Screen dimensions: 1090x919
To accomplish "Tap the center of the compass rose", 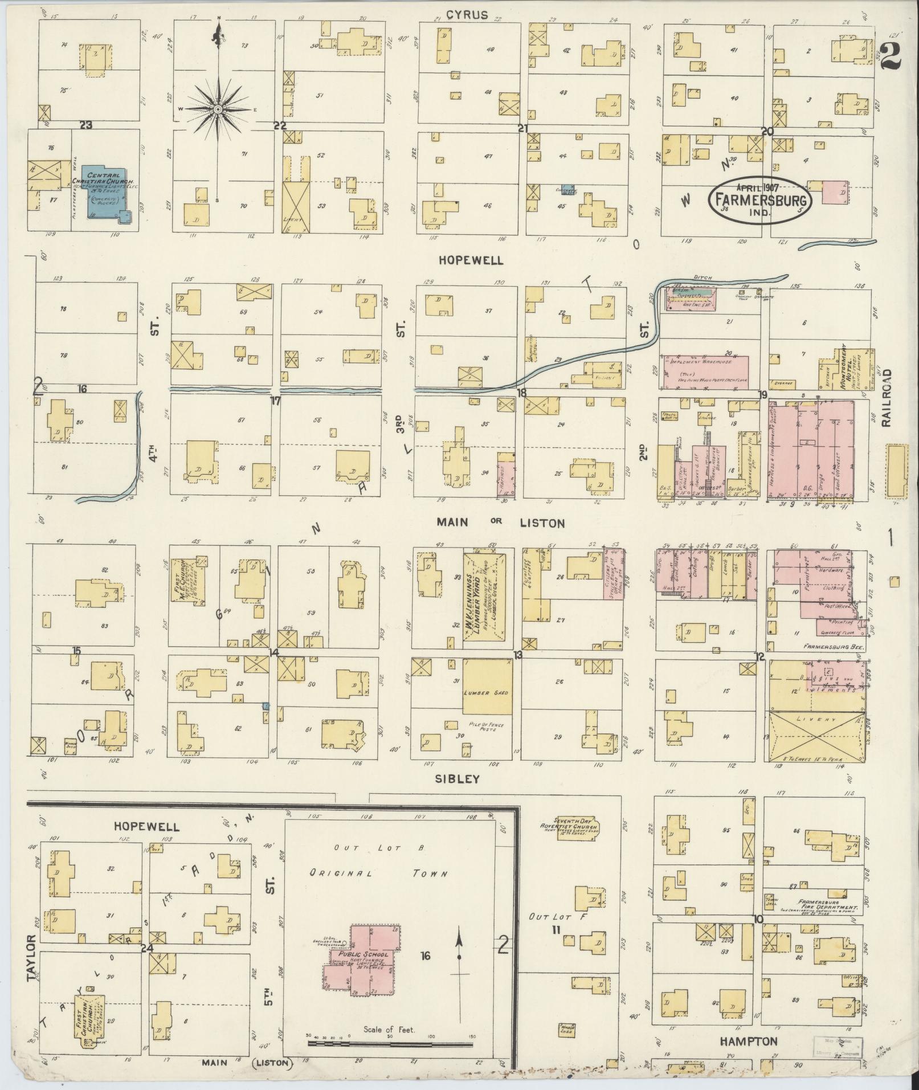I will click(218, 109).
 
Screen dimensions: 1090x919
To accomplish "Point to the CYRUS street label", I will click(467, 15).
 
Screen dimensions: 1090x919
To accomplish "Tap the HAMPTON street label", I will click(748, 1042).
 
